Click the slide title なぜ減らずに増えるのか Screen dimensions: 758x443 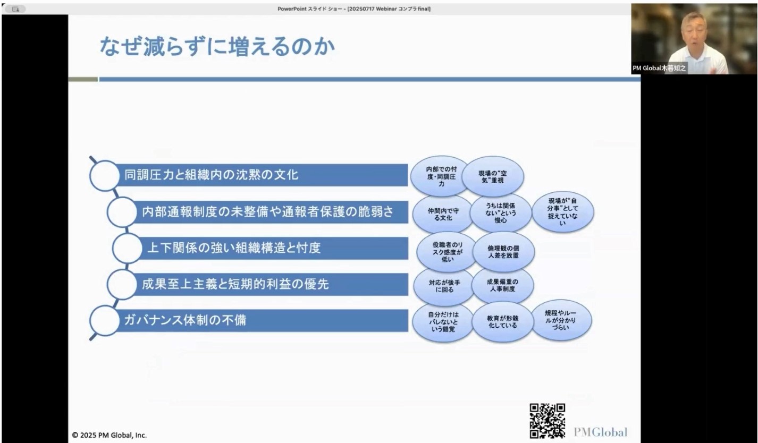[217, 46]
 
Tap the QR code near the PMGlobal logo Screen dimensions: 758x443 [547, 421]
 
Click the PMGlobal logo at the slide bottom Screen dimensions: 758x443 [600, 432]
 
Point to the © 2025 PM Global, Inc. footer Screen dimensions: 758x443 [110, 435]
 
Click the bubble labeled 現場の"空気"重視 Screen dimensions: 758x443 [493, 176]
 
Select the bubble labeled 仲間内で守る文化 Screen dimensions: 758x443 [443, 215]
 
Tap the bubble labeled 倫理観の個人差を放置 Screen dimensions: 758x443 [503, 252]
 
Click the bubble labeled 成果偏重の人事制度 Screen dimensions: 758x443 [502, 285]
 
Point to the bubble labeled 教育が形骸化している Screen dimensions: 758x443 [502, 322]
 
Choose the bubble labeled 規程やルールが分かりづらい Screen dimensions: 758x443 [561, 320]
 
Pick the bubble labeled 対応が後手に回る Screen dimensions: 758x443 [444, 286]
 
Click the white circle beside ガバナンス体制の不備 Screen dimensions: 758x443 [104, 320]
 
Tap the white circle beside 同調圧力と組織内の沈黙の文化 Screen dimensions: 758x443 [104, 175]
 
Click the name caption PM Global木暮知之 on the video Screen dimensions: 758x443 [659, 68]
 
